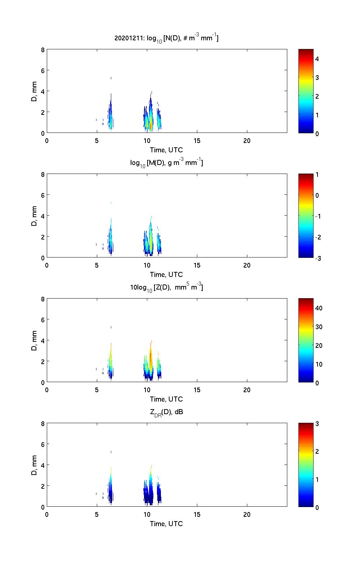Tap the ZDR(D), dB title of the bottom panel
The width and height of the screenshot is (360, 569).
click(x=166, y=412)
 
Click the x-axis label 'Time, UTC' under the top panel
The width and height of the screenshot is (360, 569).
click(x=166, y=150)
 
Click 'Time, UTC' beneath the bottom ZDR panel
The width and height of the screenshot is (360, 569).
click(x=166, y=524)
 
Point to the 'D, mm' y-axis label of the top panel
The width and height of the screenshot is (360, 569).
click(x=35, y=91)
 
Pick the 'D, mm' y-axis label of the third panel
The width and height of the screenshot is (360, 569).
click(x=35, y=341)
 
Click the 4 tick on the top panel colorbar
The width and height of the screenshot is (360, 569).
click(x=317, y=59)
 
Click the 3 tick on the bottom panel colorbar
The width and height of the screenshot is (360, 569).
click(x=317, y=424)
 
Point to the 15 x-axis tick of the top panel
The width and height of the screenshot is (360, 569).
click(x=197, y=141)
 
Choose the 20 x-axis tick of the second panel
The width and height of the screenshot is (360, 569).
click(x=247, y=265)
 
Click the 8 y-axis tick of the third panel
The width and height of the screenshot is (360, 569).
click(x=42, y=299)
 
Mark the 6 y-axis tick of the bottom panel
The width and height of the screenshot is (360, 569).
click(x=42, y=444)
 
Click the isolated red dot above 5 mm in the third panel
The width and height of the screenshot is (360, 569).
click(x=111, y=327)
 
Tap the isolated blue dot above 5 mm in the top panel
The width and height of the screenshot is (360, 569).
click(x=111, y=78)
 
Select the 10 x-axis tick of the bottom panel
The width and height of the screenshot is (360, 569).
click(x=147, y=515)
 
